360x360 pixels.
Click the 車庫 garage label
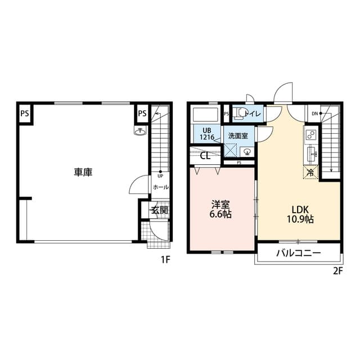click(x=83, y=172)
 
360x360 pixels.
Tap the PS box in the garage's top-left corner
click(x=25, y=113)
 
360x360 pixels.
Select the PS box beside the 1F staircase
click(x=142, y=113)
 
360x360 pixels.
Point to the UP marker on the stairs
click(x=160, y=176)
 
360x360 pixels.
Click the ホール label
click(x=161, y=187)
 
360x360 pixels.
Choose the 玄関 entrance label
click(x=159, y=210)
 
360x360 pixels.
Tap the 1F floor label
click(x=165, y=260)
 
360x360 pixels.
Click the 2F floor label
click(x=337, y=271)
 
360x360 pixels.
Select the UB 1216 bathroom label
click(x=207, y=134)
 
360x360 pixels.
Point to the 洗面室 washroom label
click(x=238, y=136)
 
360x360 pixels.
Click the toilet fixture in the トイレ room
click(x=238, y=114)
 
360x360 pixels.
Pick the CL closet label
click(x=205, y=156)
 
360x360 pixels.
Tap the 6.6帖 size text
click(x=220, y=214)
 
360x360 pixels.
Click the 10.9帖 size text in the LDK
click(x=300, y=219)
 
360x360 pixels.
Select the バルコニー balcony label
click(x=298, y=253)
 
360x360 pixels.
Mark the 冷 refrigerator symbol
click(x=310, y=172)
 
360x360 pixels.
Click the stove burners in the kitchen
click(x=311, y=134)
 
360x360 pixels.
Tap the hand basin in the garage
click(x=140, y=131)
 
